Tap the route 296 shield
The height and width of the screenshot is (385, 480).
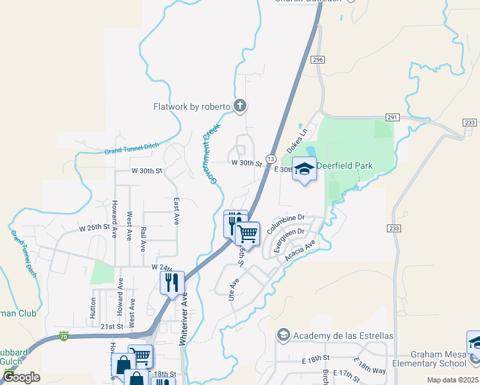[317, 60]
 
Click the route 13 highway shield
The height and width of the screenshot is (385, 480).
[271, 158]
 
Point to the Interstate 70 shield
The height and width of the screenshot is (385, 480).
[63, 336]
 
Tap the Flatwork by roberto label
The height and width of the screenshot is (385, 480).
[191, 107]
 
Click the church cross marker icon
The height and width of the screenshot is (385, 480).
[240, 106]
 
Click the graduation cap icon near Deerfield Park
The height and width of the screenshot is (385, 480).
[304, 169]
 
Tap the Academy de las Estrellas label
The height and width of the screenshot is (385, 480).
[343, 336]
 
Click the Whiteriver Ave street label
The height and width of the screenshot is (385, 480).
[184, 319]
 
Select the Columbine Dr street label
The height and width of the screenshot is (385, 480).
[286, 224]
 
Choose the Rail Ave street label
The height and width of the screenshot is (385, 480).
[143, 238]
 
